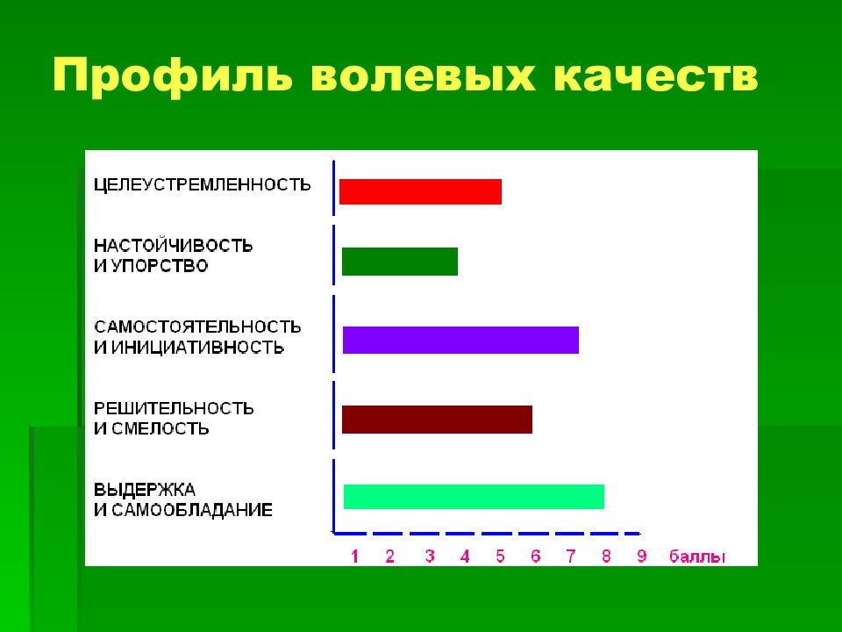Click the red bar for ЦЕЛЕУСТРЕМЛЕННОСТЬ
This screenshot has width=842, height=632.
[x=420, y=192]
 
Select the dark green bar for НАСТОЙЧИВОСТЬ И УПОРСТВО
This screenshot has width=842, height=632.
[x=400, y=262]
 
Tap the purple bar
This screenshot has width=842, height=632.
[x=460, y=341]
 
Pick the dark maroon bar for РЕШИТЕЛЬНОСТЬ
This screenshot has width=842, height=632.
[x=437, y=420]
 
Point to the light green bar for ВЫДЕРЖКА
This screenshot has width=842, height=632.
[x=474, y=497]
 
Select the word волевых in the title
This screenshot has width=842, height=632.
[x=423, y=75]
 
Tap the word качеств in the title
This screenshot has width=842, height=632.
[x=655, y=75]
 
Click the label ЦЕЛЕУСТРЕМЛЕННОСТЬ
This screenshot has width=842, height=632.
[x=203, y=185]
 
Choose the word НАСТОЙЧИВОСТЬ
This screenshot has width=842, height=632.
[x=173, y=245]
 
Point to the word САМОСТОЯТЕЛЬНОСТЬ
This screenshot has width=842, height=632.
[x=197, y=327]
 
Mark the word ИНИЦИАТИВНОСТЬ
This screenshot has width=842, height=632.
[x=197, y=348]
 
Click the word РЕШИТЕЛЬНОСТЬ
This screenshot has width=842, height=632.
[x=174, y=408]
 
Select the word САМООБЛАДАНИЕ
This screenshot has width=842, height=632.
[x=192, y=510]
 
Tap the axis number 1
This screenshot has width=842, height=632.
[x=354, y=557]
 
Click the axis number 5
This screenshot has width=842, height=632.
[x=500, y=557]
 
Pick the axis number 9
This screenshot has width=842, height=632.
[x=642, y=557]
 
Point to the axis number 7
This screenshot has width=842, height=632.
[x=571, y=557]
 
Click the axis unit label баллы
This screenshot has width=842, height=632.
[x=697, y=557]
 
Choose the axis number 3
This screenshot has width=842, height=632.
[x=430, y=557]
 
